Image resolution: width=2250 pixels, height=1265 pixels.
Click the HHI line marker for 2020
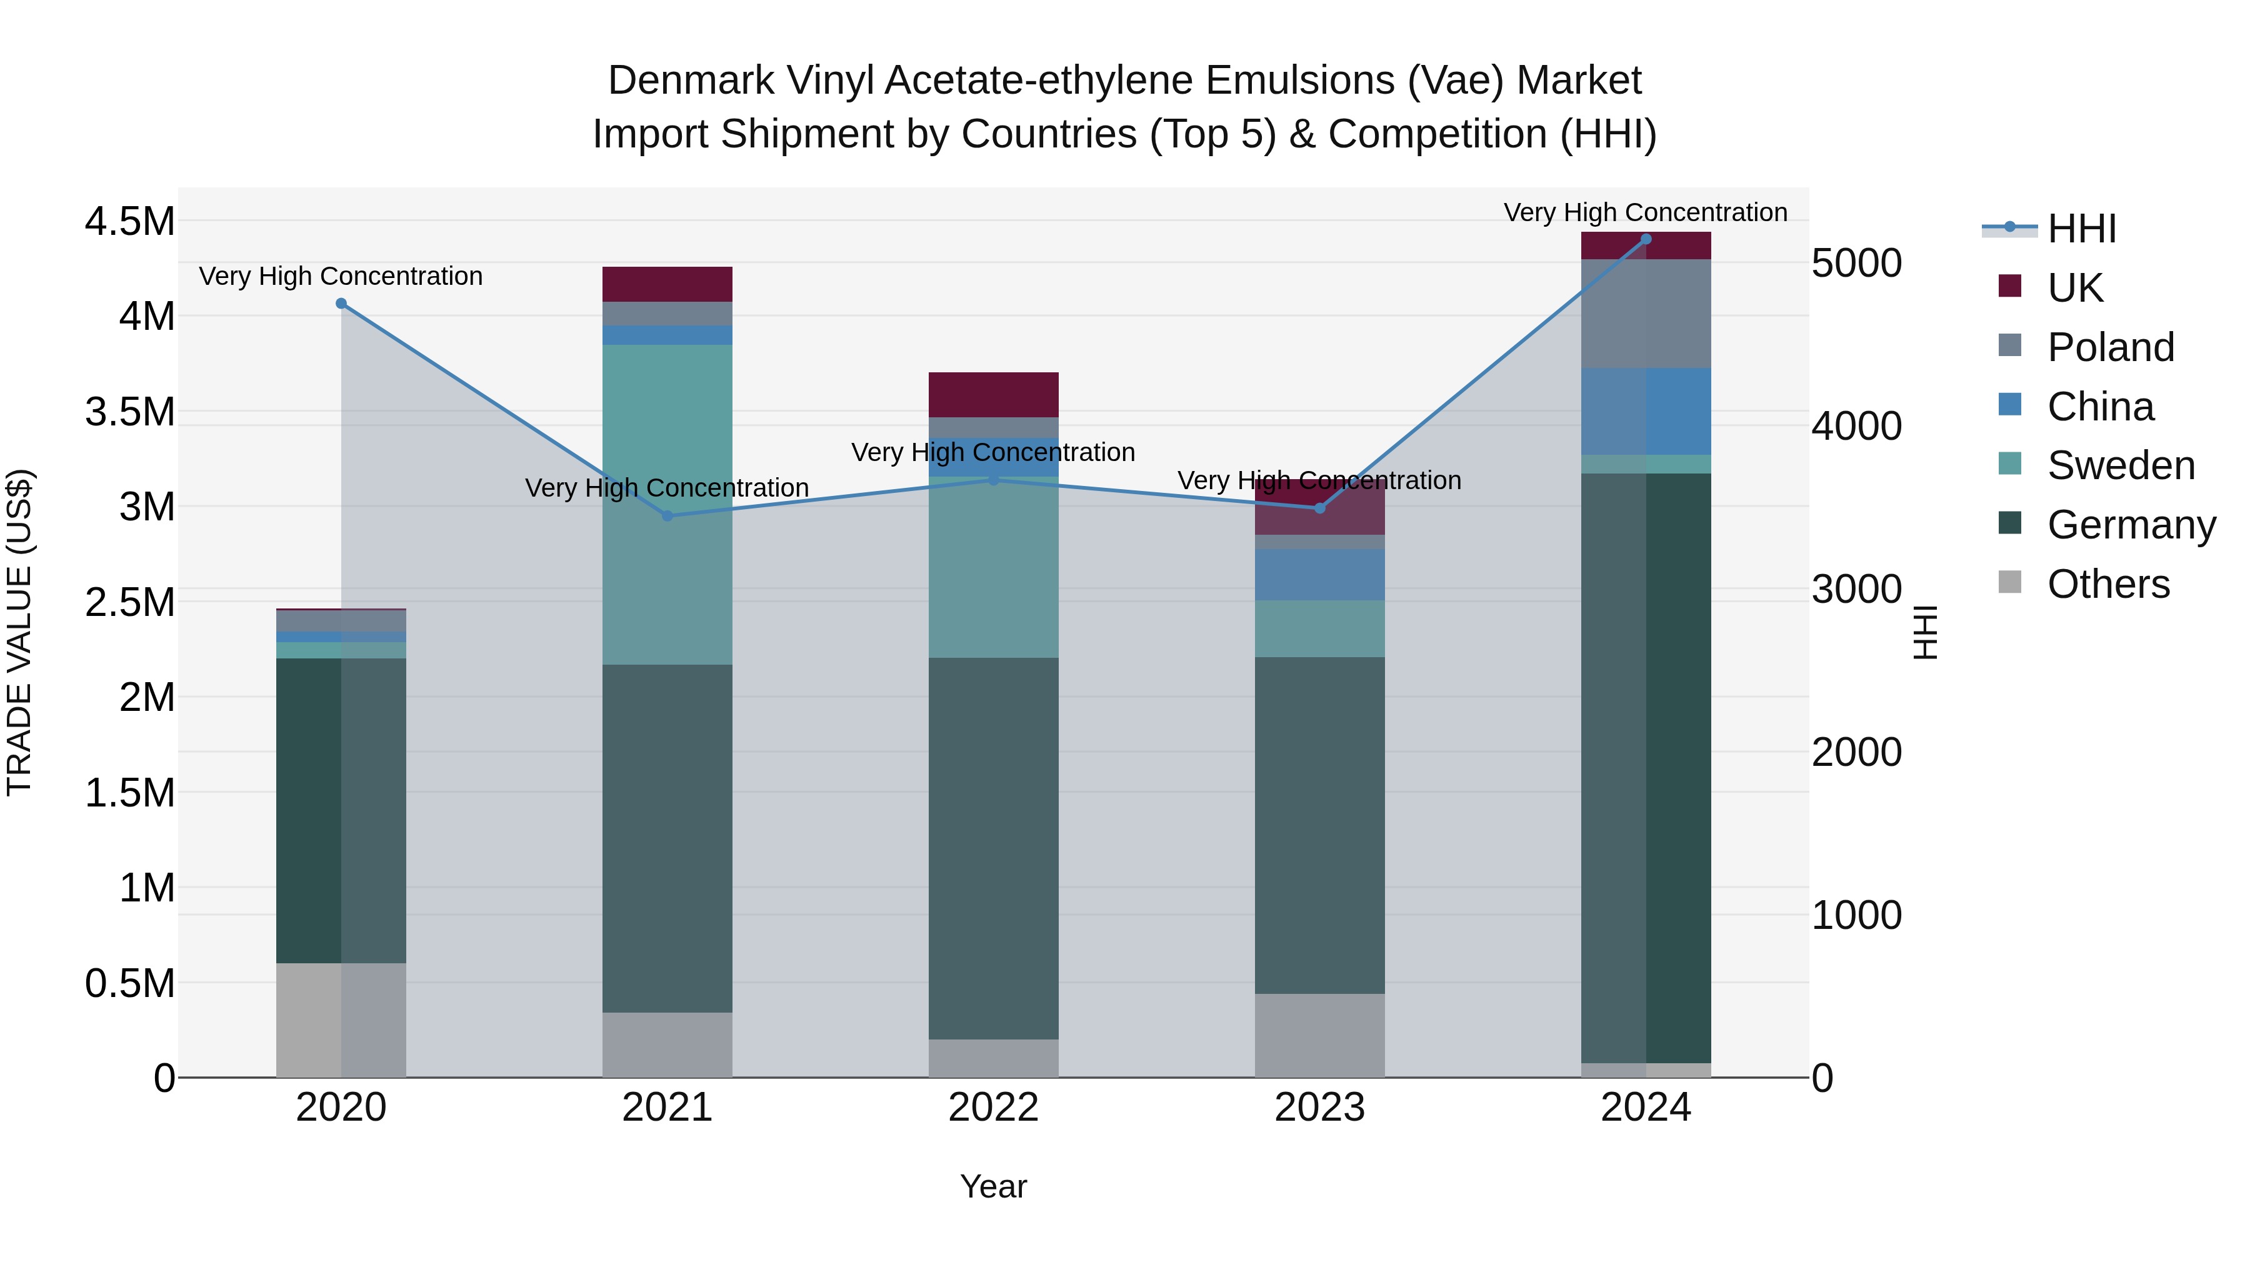point(341,304)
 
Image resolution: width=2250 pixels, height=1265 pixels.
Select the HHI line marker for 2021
point(667,516)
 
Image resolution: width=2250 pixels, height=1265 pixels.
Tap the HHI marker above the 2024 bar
point(1646,239)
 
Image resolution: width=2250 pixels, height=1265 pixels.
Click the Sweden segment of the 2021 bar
point(667,505)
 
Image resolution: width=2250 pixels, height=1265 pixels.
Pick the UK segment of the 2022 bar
point(993,395)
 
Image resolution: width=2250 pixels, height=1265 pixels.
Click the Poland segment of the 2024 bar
point(1646,314)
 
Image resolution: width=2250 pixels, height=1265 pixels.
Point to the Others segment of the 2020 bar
point(341,1019)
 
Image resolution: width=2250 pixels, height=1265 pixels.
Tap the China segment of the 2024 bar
point(1646,411)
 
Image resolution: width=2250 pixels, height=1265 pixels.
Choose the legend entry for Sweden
point(2120,465)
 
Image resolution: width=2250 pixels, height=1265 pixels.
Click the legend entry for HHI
point(2081,229)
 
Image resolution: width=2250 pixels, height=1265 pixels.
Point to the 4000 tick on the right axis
point(1856,427)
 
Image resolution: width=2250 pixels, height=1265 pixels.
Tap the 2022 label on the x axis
point(993,1108)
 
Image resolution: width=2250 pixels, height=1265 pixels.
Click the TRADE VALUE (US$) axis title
point(19,632)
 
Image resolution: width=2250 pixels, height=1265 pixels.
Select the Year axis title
point(993,1186)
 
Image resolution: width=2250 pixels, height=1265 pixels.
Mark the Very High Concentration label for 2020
point(341,276)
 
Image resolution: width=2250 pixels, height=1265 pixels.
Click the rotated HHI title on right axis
point(1925,632)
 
